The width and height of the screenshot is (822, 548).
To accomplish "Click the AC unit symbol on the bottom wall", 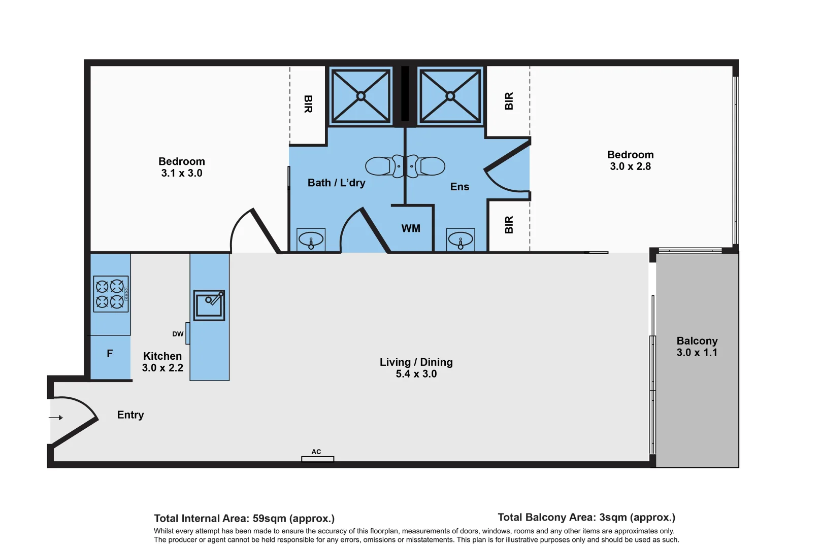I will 317,459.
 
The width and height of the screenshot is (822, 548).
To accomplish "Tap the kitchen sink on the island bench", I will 209,305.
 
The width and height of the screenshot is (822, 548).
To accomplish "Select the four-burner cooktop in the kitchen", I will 111,294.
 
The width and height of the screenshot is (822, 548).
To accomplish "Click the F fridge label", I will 110,354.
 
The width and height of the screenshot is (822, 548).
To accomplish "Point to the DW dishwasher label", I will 178,334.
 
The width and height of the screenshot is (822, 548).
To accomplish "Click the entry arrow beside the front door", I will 56,418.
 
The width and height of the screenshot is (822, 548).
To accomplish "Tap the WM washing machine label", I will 411,228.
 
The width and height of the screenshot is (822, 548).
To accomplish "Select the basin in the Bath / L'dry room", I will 311,239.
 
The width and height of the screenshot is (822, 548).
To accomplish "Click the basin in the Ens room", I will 461,239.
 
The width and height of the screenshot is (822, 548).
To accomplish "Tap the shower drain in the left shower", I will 360,96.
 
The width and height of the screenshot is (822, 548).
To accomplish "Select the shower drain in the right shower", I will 450,96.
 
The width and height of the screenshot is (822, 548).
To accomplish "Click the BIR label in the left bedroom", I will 308,104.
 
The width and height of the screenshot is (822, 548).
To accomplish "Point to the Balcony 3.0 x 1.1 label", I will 697,347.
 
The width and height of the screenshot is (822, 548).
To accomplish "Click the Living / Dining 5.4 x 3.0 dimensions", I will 416,374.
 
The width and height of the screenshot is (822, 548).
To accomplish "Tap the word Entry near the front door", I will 130,415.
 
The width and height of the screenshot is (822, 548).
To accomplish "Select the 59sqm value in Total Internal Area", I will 269,519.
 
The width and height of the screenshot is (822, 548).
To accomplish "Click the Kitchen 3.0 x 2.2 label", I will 162,362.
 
